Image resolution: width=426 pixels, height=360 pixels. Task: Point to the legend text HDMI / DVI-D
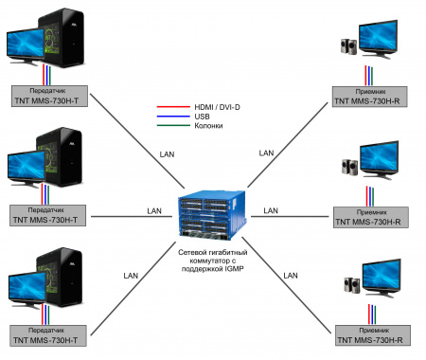point(219,108)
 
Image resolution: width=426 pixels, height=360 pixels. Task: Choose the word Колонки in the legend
point(209,126)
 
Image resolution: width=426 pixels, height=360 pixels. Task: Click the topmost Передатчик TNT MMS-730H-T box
point(50,95)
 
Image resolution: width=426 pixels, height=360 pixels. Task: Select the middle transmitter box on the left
point(50,214)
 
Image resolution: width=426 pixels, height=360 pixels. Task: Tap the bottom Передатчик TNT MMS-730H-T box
point(50,333)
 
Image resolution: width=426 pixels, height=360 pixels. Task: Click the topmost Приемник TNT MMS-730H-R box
point(370,95)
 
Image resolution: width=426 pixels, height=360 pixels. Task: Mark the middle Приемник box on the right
point(370,214)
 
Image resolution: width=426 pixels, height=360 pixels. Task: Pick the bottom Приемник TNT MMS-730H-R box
point(370,333)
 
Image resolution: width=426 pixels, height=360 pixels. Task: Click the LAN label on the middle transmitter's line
point(153,210)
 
